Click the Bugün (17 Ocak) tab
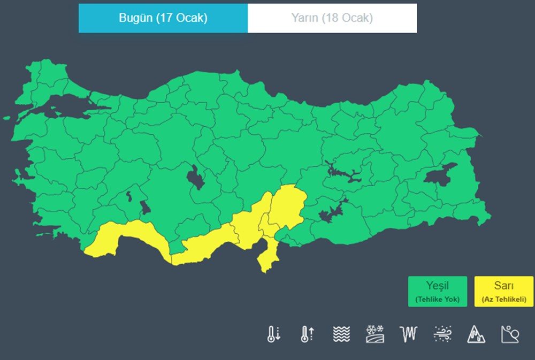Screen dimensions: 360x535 point(163,18)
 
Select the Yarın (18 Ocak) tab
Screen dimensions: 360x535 point(332,18)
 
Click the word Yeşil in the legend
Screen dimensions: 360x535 point(437,286)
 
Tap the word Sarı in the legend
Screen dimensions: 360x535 point(504,286)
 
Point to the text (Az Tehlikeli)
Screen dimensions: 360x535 point(504,299)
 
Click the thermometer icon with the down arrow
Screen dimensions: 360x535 point(273,334)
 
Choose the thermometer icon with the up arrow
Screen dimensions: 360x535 point(307,334)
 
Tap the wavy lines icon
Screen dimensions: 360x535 point(341,334)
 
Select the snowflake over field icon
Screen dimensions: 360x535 point(374,334)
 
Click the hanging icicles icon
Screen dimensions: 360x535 point(408,334)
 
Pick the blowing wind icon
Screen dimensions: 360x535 point(442,334)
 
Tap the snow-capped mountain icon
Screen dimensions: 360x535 point(476,334)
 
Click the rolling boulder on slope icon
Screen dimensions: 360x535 point(509,334)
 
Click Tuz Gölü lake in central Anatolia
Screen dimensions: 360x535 point(196,177)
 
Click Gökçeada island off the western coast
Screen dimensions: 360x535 point(6,118)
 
